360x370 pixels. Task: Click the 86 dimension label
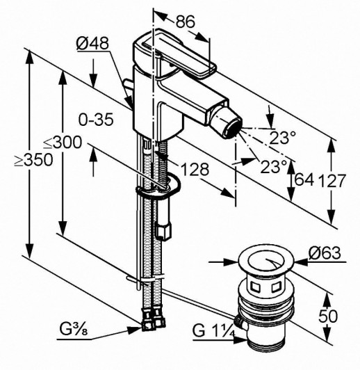(186, 22)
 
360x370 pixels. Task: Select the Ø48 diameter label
(92, 43)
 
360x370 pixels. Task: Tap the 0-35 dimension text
(96, 120)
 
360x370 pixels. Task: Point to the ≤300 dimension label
(63, 143)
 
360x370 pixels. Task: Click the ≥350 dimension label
(33, 160)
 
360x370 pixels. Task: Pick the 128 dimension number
(195, 169)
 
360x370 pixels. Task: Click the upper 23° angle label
(283, 137)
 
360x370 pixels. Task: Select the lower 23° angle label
(274, 167)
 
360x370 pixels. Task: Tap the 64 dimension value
(304, 179)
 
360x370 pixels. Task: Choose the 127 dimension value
(332, 181)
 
